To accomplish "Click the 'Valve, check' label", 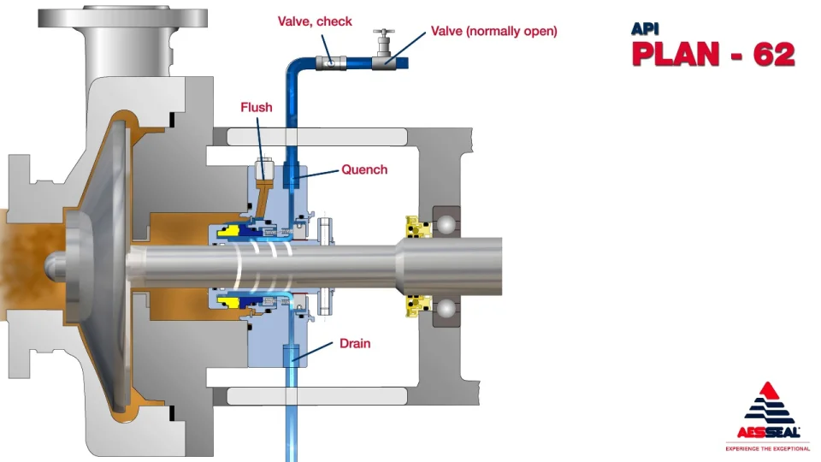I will [x=315, y=21].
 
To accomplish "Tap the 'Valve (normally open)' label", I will [x=493, y=31].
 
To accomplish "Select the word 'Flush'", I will [x=257, y=107].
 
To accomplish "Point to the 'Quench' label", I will [x=364, y=169].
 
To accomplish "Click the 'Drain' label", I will [x=355, y=344].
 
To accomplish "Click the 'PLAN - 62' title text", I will [x=713, y=54].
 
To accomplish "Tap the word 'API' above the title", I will [x=647, y=28].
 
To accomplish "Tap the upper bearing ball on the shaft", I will [x=447, y=226].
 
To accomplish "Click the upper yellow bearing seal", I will [x=416, y=227].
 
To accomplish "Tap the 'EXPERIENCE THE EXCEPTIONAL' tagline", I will [x=768, y=447].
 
